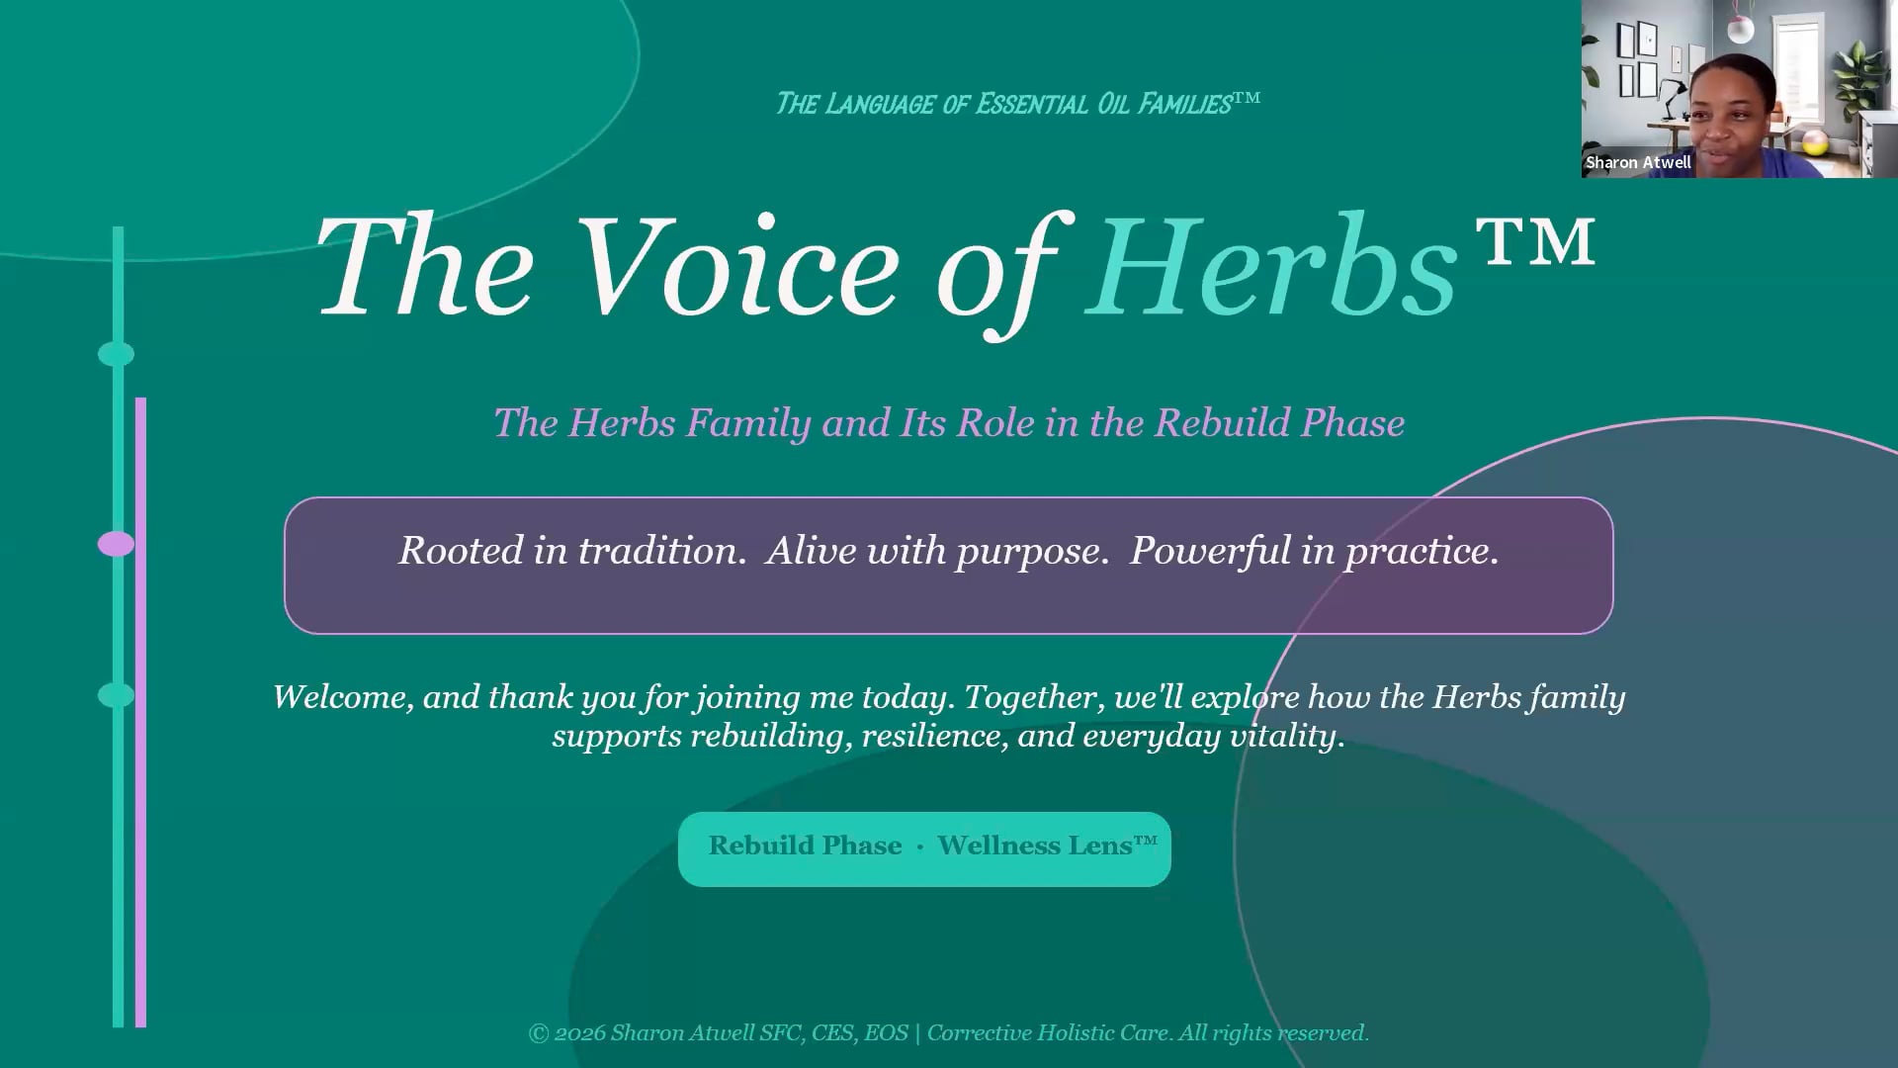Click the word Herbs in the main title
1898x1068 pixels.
pos(1273,269)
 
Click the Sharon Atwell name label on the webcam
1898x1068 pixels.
pos(1638,163)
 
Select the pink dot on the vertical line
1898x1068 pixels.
pos(116,544)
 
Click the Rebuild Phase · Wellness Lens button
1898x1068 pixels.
pos(924,848)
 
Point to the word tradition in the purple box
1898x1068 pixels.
pos(659,551)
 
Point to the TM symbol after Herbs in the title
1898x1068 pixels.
pos(1535,242)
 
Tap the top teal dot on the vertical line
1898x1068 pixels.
pos(116,354)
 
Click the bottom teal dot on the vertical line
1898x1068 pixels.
pos(116,695)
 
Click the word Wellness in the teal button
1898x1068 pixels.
pos(1034,845)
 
